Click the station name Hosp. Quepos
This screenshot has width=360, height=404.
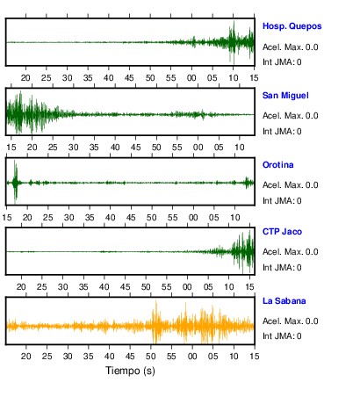click(292, 26)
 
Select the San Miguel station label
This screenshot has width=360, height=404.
click(285, 96)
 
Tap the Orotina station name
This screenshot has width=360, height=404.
click(277, 165)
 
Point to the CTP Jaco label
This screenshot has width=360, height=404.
click(282, 232)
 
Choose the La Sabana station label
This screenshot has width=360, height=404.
click(284, 301)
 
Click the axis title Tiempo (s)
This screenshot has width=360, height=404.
click(130, 371)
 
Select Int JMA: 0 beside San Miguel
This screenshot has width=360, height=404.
click(282, 132)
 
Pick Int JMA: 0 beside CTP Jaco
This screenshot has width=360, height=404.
click(282, 268)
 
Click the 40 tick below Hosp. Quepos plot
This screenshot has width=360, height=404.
click(109, 78)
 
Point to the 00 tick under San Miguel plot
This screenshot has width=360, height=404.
click(198, 147)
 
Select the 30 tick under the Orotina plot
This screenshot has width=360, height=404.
click(68, 218)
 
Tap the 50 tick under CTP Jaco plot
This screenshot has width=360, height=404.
click(146, 286)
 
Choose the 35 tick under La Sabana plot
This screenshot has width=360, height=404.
click(88, 357)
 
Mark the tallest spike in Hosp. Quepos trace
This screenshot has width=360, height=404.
click(234, 42)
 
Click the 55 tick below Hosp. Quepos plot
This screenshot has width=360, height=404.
click(170, 78)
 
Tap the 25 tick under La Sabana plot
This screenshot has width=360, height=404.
click(47, 357)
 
